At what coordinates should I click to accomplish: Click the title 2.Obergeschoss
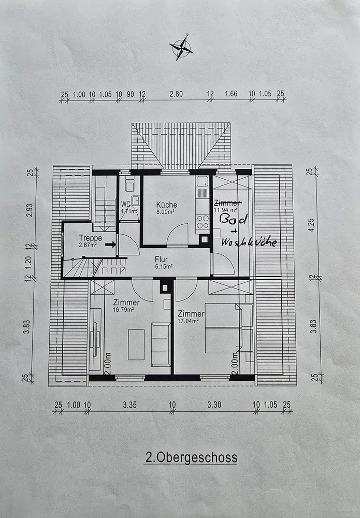[191, 458]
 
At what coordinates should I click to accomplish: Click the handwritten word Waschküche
[249, 242]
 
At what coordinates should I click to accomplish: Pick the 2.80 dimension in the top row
[176, 94]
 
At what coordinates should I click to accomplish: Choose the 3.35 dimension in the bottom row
[129, 405]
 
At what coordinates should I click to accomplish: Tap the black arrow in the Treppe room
[110, 243]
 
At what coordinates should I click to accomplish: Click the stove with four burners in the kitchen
[203, 222]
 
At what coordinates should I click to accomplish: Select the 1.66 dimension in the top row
[231, 94]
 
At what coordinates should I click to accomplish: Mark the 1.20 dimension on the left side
[30, 260]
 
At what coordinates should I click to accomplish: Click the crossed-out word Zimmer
[226, 202]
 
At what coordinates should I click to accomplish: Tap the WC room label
[126, 204]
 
